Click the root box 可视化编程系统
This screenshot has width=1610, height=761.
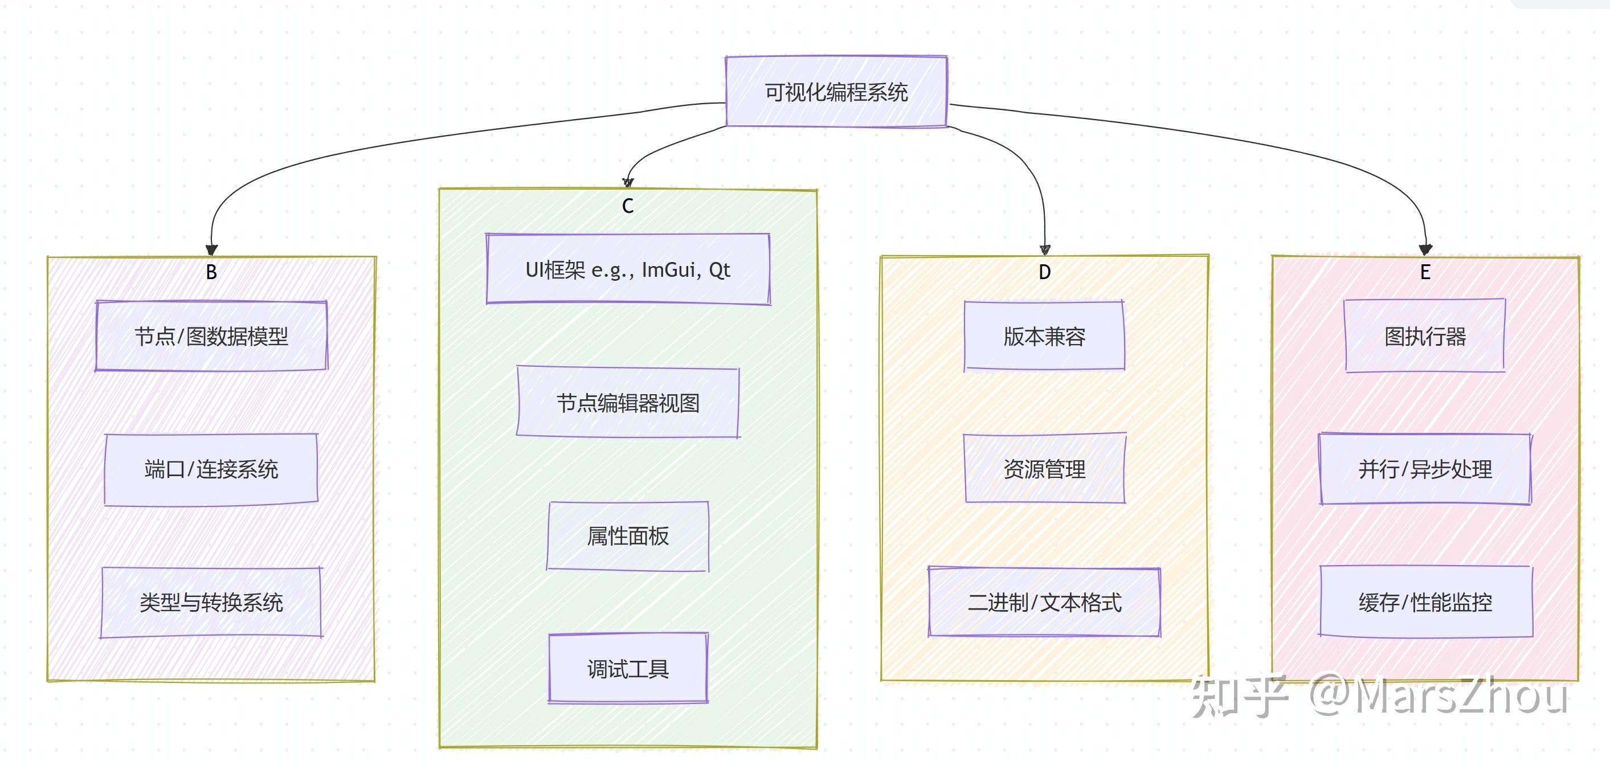(836, 92)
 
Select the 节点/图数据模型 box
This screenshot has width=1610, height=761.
(211, 336)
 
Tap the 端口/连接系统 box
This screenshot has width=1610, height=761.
(211, 469)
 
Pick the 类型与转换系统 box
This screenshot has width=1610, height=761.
(211, 602)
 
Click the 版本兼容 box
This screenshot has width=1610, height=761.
(1044, 336)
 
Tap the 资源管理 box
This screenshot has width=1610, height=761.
(1044, 469)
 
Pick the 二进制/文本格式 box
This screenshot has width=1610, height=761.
(1044, 602)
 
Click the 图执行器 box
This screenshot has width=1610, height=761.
(1425, 336)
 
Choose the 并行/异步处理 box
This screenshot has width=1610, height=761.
(1425, 469)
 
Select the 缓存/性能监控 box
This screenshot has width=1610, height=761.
(1425, 602)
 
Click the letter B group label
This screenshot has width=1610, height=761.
(211, 272)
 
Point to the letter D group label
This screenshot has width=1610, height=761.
(1044, 272)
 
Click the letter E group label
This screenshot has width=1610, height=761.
(1425, 272)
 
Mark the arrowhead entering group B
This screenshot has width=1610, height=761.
(212, 250)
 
